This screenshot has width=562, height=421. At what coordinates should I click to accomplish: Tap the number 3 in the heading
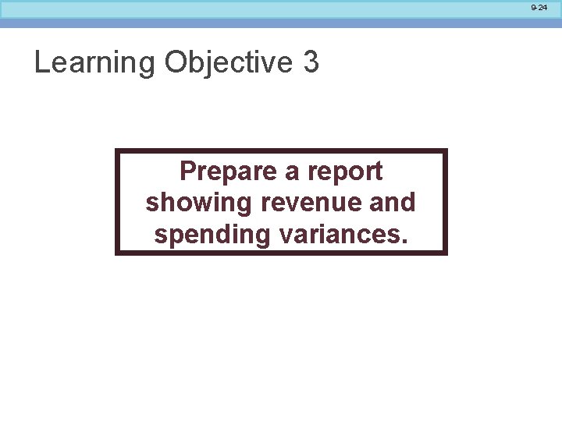coord(310,62)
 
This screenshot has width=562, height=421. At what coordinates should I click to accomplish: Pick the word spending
coord(208,234)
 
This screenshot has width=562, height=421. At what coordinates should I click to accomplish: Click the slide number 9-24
coord(539,8)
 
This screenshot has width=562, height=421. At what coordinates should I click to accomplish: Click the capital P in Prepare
coord(187,171)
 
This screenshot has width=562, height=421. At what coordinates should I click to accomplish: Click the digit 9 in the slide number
coord(533,8)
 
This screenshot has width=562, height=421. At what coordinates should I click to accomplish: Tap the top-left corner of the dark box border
coord(117,150)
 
